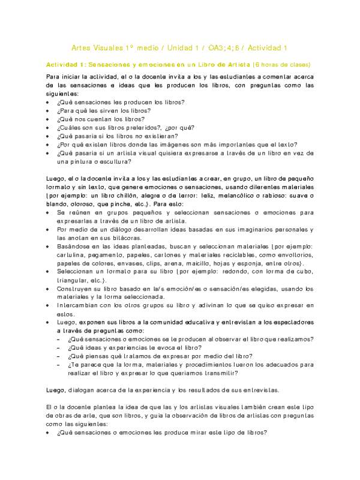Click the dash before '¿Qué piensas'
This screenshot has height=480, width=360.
(58, 356)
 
